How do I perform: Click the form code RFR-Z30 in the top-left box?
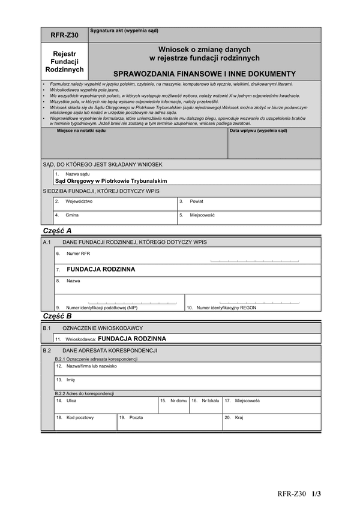64,35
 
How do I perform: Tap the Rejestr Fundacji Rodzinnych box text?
64,62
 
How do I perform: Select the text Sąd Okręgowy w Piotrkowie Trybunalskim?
110,180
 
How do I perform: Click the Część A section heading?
57,231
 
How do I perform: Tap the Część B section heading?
57,316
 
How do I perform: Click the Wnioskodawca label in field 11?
81,339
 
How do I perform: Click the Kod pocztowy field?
85,421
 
